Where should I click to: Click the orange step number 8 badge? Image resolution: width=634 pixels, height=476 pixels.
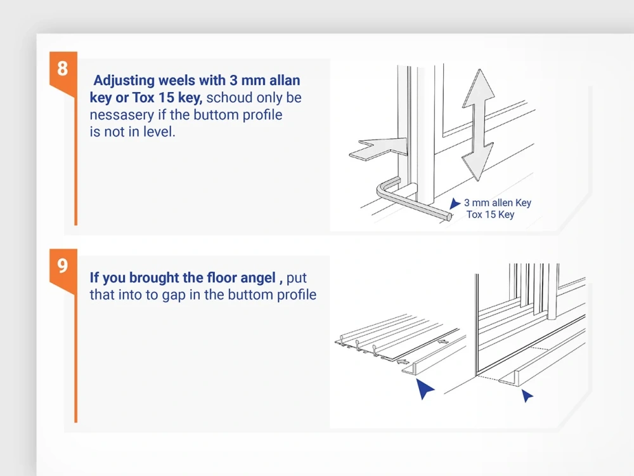pos(62,69)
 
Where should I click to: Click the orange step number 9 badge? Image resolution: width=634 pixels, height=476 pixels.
pos(62,265)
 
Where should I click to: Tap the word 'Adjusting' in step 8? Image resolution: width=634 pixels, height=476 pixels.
pos(124,81)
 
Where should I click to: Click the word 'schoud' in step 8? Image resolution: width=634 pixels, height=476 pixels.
pos(229,98)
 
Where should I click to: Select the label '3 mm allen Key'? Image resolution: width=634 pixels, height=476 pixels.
pos(498,203)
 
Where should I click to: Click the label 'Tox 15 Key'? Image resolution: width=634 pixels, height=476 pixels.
pos(490,215)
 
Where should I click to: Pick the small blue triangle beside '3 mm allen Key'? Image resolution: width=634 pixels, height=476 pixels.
pos(455,204)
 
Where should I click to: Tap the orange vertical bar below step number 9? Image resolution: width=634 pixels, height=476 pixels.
pos(75,355)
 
